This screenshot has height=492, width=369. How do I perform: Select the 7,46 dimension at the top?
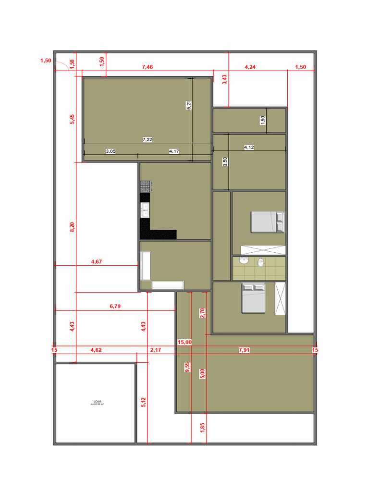click(x=148, y=67)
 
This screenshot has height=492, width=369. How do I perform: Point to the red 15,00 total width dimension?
click(x=184, y=342)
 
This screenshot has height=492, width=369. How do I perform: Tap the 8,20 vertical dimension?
click(x=72, y=227)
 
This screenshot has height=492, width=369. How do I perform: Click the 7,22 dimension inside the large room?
click(x=148, y=139)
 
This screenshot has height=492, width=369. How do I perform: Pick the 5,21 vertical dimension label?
click(x=189, y=105)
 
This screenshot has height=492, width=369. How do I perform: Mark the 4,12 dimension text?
click(x=249, y=148)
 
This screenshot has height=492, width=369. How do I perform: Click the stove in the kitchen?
click(x=146, y=186)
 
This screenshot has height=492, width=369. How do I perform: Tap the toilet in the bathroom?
click(x=261, y=262)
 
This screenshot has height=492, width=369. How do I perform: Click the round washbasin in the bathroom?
click(x=244, y=260)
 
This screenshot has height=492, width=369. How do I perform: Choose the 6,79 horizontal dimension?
click(x=115, y=306)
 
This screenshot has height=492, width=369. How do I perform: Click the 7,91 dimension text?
click(x=244, y=350)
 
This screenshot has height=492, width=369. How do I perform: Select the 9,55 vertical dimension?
click(x=187, y=368)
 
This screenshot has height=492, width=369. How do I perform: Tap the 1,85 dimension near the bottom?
click(x=202, y=427)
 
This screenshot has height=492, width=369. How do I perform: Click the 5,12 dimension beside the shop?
click(x=143, y=402)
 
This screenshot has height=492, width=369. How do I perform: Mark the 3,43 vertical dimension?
click(x=224, y=80)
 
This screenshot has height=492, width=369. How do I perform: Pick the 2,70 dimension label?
click(x=202, y=313)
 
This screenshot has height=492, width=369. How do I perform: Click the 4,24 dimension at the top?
click(x=250, y=67)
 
